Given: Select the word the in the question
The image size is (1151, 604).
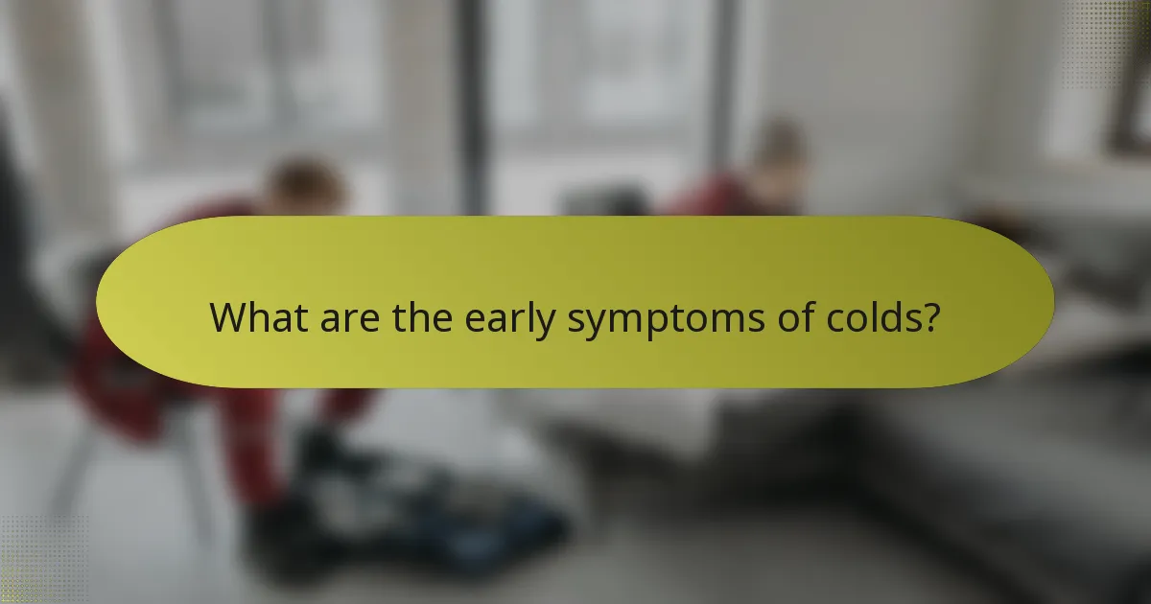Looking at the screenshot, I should click(x=425, y=317).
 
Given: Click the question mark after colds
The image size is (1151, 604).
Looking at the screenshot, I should click(x=928, y=317).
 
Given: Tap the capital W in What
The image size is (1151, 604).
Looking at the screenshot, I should click(x=228, y=317).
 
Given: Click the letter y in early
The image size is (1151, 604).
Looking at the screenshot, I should click(x=546, y=323).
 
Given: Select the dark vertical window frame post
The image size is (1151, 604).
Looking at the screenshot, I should click(x=469, y=105).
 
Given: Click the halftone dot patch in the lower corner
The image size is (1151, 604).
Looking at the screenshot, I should click(x=38, y=561).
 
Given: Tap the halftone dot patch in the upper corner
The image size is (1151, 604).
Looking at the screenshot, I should click(x=1113, y=38).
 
